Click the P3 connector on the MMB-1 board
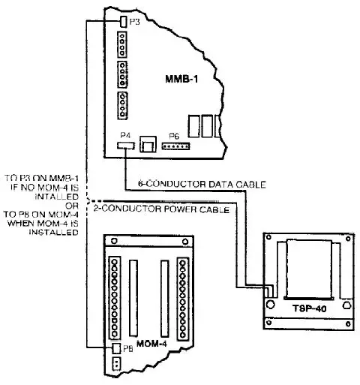[x=122, y=23]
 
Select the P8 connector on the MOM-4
[x=115, y=348]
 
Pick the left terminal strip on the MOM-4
[x=115, y=298]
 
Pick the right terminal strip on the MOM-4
[x=182, y=298]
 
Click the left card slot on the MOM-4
[x=135, y=294]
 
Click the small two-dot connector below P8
[x=115, y=363]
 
